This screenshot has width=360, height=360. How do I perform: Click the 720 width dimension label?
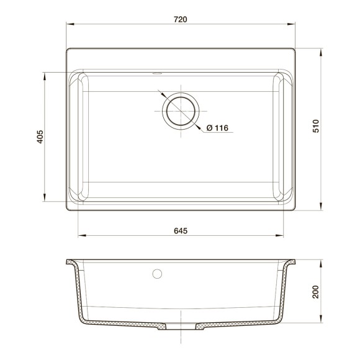pos(180,19)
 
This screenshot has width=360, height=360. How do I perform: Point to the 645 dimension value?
pos(180,230)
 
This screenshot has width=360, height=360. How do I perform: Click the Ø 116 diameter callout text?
pos(217,128)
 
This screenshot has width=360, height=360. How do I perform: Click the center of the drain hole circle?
pos(180,112)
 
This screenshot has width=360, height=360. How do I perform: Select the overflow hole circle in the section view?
pos(157,273)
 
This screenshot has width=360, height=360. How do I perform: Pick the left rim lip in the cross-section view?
pos(71,262)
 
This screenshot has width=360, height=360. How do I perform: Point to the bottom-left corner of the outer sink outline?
pos(66,210)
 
